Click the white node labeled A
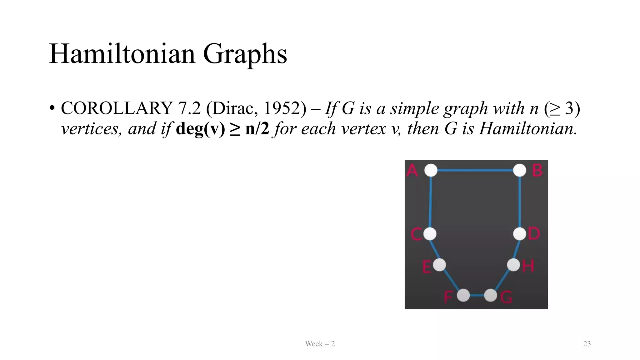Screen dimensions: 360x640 point(431,170)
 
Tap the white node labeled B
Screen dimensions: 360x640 point(520,170)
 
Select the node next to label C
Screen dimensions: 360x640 point(430,234)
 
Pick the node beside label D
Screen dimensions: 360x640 point(520,234)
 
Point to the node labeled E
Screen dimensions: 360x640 point(439,265)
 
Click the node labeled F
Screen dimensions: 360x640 point(463,295)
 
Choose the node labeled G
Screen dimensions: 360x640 point(490,295)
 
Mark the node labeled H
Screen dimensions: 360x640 point(513,265)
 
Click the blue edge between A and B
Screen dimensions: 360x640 point(475,170)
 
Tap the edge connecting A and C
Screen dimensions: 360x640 point(431,202)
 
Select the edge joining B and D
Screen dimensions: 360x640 point(520,202)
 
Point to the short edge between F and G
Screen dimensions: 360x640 point(477,295)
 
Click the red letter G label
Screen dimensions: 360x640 point(506,297)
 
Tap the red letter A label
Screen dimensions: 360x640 point(412,171)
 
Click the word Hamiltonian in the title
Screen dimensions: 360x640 point(122,54)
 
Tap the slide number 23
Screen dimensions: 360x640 point(587,344)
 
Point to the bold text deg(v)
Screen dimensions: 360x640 point(200,129)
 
